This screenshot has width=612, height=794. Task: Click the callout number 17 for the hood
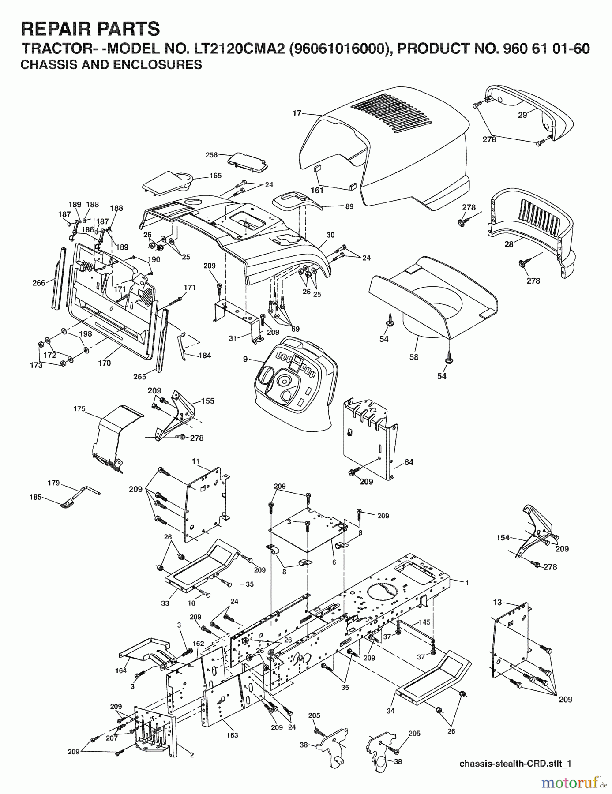click(x=297, y=113)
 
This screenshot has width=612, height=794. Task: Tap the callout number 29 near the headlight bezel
click(x=522, y=115)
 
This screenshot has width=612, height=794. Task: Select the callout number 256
click(x=212, y=155)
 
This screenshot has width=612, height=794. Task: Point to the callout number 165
click(x=215, y=176)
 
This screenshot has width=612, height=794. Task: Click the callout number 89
click(x=349, y=206)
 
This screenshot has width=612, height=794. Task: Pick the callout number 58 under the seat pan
click(x=413, y=357)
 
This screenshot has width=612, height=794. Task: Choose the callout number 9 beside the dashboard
click(x=245, y=359)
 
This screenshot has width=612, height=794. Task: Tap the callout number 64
click(x=409, y=462)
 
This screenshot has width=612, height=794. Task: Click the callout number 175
click(x=79, y=409)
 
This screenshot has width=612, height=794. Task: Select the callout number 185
click(x=35, y=497)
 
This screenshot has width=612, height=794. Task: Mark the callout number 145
click(x=424, y=622)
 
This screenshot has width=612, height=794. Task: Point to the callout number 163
click(x=232, y=735)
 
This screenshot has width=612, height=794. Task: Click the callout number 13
click(x=497, y=603)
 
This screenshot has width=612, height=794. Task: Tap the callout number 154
click(x=503, y=538)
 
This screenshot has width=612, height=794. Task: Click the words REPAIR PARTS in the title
click(x=90, y=29)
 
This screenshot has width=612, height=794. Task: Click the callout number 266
click(x=39, y=283)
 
